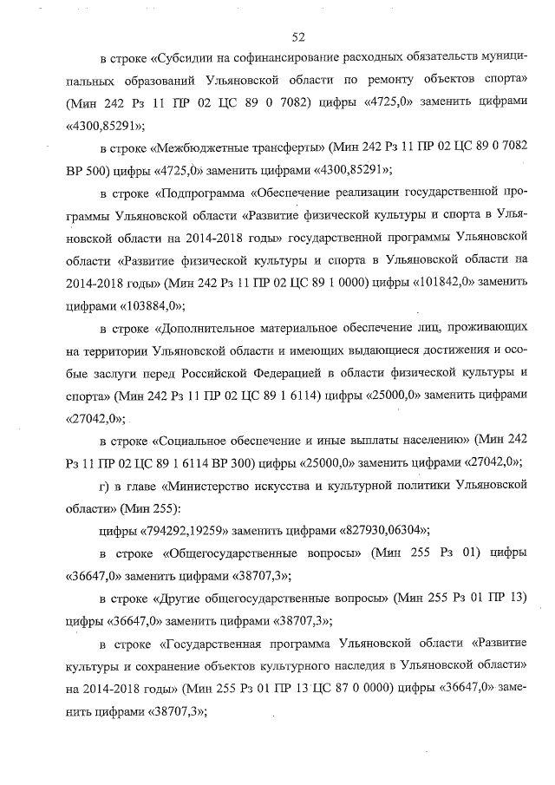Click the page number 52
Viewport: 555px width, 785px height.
(299, 36)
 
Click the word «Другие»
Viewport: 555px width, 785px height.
(180, 599)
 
